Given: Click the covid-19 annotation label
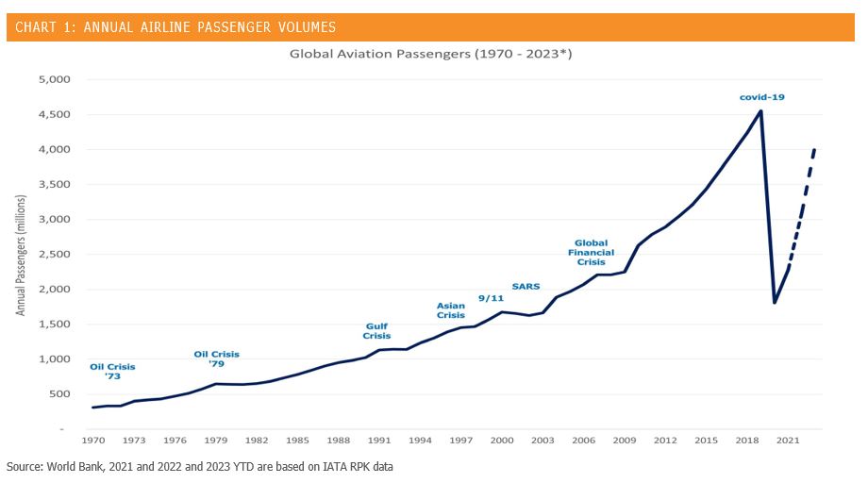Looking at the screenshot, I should coord(762,96).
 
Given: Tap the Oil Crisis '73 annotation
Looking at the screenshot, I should coord(112,372).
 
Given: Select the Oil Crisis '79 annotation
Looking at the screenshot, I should coord(216,358).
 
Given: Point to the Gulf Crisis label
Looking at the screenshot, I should coord(376,331).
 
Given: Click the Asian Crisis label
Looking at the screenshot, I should coord(451,310).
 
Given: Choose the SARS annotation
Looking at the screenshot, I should coord(526,286).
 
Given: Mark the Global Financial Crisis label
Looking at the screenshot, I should coord(592,252).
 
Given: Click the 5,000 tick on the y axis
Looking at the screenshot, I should coord(54,79).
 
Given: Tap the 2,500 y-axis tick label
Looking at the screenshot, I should coord(54,255).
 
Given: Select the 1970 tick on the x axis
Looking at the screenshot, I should coord(93,440).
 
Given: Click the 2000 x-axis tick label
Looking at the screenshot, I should coord(502,440).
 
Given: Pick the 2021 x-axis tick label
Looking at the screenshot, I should coord(788,440).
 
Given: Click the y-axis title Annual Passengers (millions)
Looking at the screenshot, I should coord(20,255).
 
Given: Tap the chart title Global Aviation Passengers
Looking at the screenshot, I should coord(430,54).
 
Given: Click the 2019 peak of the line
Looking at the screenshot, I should coord(761,111).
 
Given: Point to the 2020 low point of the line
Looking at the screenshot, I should coord(775,302).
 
